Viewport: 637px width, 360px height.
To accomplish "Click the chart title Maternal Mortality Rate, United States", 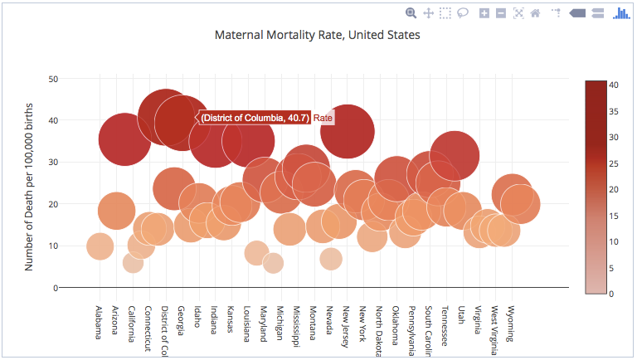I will (x=318, y=36).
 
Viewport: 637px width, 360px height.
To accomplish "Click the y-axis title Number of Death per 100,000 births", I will (x=29, y=182).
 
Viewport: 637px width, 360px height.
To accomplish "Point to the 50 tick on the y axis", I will (x=52, y=79).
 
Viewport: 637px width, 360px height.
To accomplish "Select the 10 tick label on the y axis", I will (x=52, y=246).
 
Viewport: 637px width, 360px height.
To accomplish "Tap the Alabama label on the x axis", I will (x=99, y=323).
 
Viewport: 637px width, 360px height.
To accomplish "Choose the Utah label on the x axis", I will (x=461, y=314).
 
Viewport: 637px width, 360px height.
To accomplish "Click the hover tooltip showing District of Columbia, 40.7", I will (x=255, y=119).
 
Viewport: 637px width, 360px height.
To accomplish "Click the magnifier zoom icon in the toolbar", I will (x=411, y=12).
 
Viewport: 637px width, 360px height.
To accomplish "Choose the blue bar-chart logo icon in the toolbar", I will (x=621, y=12).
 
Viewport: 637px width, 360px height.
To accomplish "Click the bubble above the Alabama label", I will (x=100, y=246).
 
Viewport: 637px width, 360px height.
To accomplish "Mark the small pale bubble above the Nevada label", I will (x=331, y=259).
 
